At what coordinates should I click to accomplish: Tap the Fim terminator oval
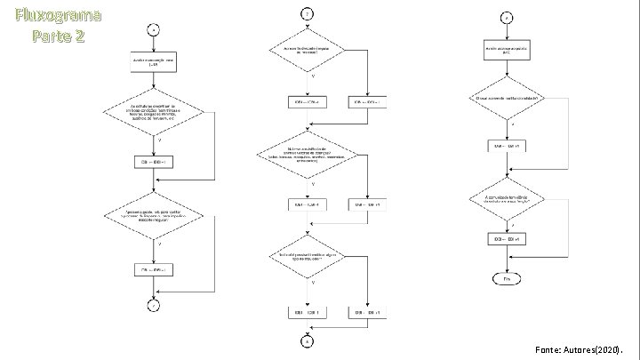[x=508, y=277]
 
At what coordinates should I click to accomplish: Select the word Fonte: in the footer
[x=551, y=348]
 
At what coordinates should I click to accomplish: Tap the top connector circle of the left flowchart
[x=155, y=27]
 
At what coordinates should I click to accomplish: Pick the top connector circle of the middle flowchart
[x=308, y=15]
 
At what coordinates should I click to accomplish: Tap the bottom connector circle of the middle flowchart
[x=308, y=341]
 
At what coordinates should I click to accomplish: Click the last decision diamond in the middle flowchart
[x=308, y=257]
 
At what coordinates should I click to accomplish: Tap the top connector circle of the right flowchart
[x=508, y=17]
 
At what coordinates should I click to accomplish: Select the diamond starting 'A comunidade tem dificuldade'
[x=508, y=197]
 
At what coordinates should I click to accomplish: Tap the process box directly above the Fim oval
[x=508, y=238]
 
